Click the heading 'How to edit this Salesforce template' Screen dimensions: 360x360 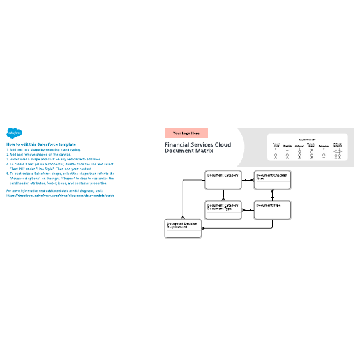pos(41,144)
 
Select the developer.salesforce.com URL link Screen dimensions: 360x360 pos(60,195)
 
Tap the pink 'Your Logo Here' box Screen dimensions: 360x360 pos(186,133)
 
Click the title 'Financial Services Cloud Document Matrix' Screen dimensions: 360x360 pos(197,148)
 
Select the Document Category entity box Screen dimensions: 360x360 pos(223,180)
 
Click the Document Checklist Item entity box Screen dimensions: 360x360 pos(273,180)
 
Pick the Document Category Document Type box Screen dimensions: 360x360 pos(223,210)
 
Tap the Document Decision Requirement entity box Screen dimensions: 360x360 pos(183,229)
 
